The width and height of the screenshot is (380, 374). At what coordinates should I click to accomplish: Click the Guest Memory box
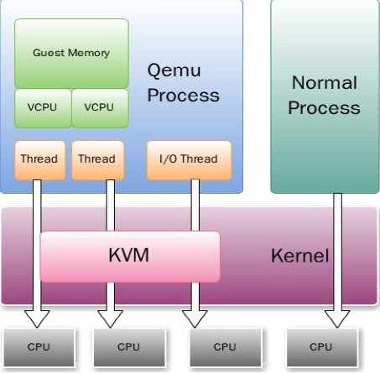(x=71, y=53)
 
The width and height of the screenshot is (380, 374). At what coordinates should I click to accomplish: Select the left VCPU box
(x=43, y=107)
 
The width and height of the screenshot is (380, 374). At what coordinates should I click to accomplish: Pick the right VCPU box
(x=99, y=107)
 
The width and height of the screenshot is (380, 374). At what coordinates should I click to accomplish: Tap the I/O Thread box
(x=188, y=159)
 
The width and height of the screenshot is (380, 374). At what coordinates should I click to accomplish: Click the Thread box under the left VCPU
(x=39, y=159)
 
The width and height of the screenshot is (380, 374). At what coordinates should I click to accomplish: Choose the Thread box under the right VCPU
(x=96, y=159)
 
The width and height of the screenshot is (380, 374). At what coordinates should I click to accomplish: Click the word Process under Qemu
(x=184, y=95)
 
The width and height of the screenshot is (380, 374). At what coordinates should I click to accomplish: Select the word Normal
(x=324, y=83)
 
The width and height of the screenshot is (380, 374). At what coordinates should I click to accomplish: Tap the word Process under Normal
(x=325, y=108)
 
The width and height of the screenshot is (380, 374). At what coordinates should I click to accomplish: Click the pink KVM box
(x=130, y=255)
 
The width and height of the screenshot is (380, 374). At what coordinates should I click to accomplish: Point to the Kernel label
(x=299, y=255)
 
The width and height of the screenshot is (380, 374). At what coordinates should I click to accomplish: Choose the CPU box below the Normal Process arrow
(x=320, y=346)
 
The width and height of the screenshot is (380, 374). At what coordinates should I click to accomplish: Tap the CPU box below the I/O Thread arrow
(x=225, y=346)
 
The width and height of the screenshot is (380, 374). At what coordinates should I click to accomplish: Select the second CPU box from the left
(x=128, y=346)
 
